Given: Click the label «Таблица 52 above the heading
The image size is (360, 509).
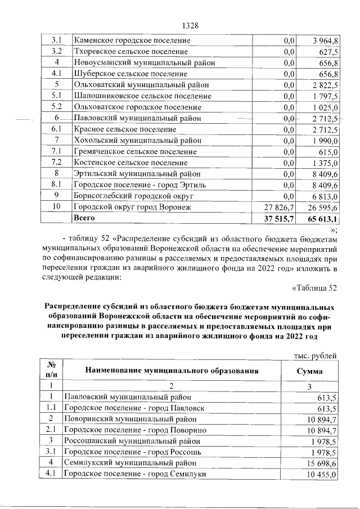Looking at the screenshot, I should [x=314, y=289].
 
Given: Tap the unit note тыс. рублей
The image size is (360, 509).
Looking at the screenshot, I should [x=316, y=355].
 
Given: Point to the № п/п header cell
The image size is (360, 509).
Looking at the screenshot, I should [x=50, y=370].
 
